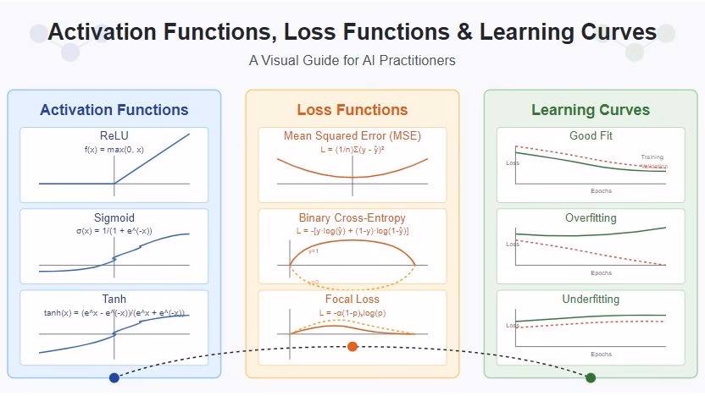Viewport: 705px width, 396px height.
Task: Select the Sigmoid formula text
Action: point(114,231)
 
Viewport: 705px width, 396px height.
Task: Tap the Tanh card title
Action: point(114,300)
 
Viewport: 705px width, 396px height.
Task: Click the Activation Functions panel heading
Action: point(114,110)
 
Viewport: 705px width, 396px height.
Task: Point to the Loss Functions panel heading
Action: point(352,110)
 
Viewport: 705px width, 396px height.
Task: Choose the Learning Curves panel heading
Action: point(591,110)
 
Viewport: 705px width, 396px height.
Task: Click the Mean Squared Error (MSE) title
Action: point(352,135)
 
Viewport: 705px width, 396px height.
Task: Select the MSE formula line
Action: point(352,148)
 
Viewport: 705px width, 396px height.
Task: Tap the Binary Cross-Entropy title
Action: point(352,217)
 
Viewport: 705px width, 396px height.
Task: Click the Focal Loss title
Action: point(352,300)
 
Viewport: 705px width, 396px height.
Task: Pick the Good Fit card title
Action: point(591,135)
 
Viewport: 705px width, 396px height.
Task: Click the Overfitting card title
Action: point(591,218)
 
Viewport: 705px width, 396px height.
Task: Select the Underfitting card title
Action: point(591,300)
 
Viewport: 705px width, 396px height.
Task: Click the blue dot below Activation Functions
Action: point(114,377)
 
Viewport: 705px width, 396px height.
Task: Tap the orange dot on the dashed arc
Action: point(352,346)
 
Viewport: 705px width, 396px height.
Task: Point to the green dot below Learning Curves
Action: point(591,377)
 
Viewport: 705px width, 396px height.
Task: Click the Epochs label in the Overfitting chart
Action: point(601,272)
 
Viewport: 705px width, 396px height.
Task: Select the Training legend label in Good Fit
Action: point(652,157)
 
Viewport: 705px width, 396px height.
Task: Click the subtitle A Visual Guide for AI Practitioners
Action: point(352,61)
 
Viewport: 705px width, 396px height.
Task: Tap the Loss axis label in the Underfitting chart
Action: point(512,325)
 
